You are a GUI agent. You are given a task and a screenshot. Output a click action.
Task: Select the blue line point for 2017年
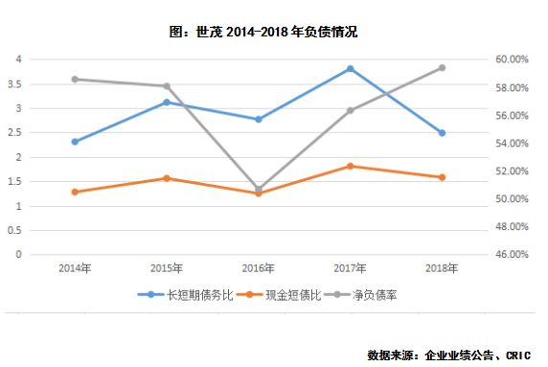[351, 69]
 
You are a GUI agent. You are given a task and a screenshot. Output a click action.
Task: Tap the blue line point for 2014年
[75, 142]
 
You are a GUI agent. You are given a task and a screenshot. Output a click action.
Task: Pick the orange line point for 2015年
[167, 178]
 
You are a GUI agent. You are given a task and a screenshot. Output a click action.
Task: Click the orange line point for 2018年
[442, 177]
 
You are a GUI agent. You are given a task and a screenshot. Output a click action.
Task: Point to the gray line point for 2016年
[259, 190]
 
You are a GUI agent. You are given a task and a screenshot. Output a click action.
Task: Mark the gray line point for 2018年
[442, 68]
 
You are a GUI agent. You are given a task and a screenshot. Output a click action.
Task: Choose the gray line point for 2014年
[75, 80]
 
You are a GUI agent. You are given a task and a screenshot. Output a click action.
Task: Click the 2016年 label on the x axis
[259, 267]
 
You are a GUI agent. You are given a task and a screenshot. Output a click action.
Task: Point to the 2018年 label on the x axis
[442, 267]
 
